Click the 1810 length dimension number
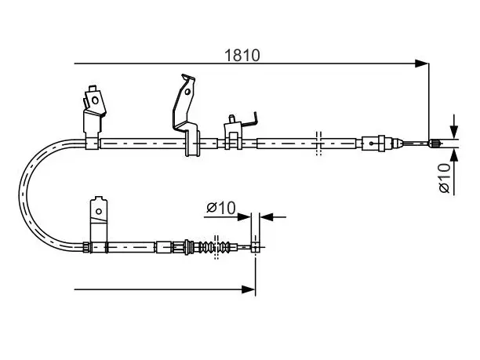click(242, 56)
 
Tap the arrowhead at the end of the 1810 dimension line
click(421, 64)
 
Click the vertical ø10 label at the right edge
click(445, 178)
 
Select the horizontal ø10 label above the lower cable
click(221, 208)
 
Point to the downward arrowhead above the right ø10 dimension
click(455, 132)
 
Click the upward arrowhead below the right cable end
click(455, 155)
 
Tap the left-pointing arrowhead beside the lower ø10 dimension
click(267, 217)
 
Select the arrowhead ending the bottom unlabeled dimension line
click(249, 289)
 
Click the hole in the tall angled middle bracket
click(187, 92)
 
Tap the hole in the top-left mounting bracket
click(95, 100)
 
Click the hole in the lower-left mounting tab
click(99, 211)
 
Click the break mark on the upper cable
click(318, 144)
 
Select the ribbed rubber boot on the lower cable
click(214, 247)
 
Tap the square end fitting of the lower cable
click(255, 247)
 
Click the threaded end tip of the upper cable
click(435, 143)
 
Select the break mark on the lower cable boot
click(216, 247)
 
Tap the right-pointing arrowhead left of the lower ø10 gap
click(244, 217)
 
